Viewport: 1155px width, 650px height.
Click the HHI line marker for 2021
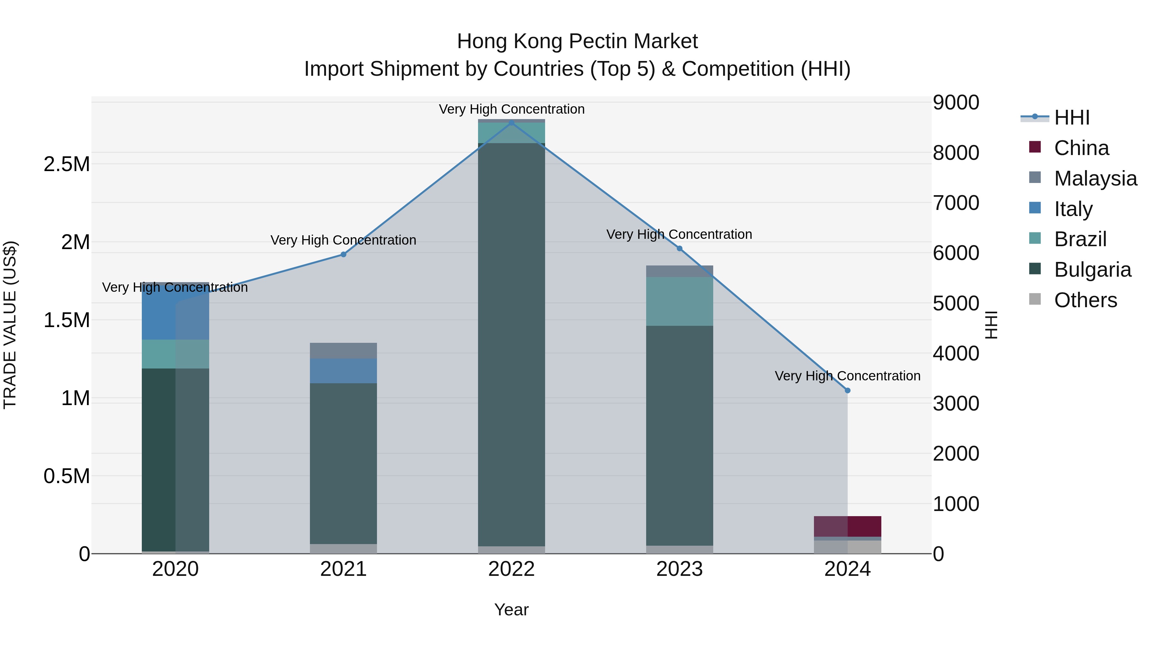[x=343, y=254]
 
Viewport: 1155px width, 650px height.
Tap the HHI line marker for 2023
[x=679, y=248]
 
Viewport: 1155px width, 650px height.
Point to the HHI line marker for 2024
[x=847, y=391]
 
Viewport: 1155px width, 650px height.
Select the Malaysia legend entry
[x=1095, y=178]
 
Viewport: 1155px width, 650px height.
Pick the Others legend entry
[x=1085, y=300]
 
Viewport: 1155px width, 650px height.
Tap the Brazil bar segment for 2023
[x=679, y=301]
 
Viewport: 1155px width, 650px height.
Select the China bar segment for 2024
[x=847, y=526]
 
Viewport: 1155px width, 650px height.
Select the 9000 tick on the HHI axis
[x=956, y=103]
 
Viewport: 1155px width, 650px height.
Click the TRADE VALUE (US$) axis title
[x=10, y=325]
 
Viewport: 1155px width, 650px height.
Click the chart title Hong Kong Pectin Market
[x=577, y=42]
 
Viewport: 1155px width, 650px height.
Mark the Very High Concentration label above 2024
[x=847, y=376]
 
